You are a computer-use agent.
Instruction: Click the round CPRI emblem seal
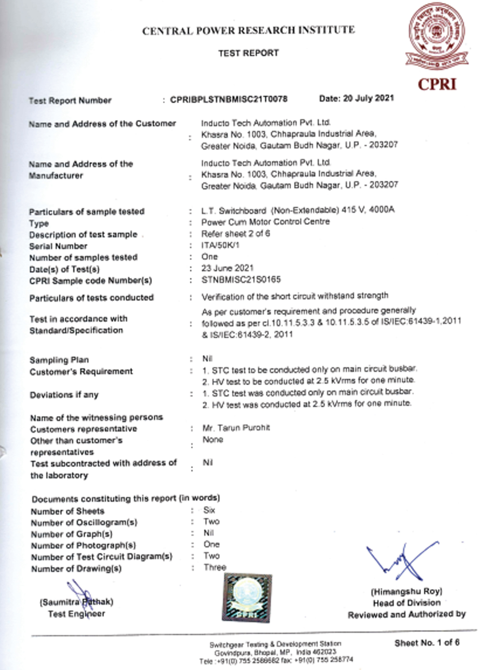click(436, 37)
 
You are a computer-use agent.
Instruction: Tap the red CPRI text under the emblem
click(437, 84)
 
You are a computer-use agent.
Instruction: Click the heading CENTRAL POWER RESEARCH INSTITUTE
click(248, 30)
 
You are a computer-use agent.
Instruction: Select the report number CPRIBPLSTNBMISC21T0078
click(228, 99)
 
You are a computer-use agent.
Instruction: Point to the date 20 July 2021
click(356, 98)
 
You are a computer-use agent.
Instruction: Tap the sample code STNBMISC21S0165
click(240, 280)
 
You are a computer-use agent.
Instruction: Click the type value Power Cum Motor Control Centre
click(266, 222)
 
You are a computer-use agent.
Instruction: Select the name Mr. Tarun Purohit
click(236, 428)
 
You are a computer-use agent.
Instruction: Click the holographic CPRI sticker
click(246, 598)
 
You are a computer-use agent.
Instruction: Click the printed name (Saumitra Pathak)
click(77, 602)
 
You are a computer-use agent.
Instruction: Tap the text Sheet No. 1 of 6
click(427, 643)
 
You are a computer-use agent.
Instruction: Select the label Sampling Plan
click(59, 360)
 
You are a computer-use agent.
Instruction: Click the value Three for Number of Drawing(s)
click(214, 567)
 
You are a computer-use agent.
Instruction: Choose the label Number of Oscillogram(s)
click(84, 523)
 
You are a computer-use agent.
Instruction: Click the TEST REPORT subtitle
click(248, 53)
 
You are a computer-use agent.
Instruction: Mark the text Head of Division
click(406, 603)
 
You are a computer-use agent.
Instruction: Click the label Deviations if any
click(64, 395)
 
